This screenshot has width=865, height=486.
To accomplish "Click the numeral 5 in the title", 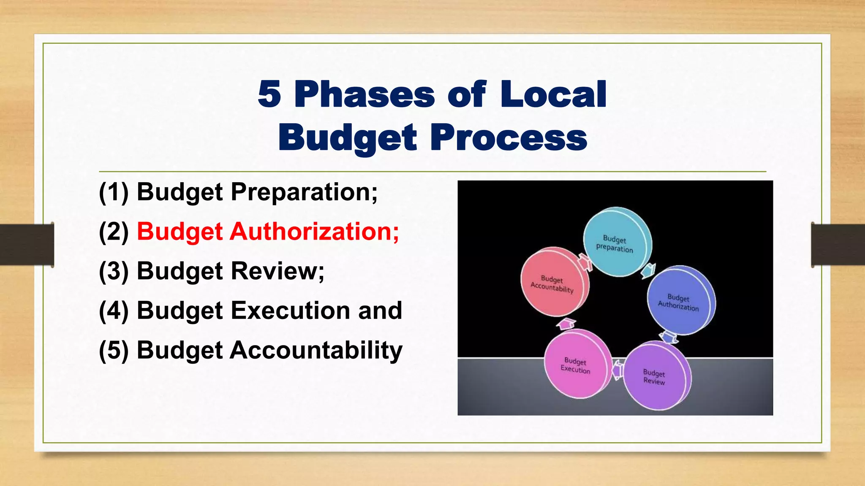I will pyautogui.click(x=269, y=94).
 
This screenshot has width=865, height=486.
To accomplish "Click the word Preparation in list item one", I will pyautogui.click(x=304, y=192).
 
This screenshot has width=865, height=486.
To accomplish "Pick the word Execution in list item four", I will pyautogui.click(x=291, y=310).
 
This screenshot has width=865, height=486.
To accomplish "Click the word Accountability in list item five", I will pyautogui.click(x=316, y=350).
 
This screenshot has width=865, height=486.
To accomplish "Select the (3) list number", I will pyautogui.click(x=114, y=271).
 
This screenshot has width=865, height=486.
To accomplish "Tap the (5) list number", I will pyautogui.click(x=114, y=350).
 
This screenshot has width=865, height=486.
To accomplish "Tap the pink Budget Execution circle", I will pyautogui.click(x=576, y=365).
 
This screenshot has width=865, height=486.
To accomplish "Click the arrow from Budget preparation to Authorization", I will pyautogui.click(x=648, y=270).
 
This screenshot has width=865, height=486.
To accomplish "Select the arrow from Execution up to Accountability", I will pyautogui.click(x=566, y=324).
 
